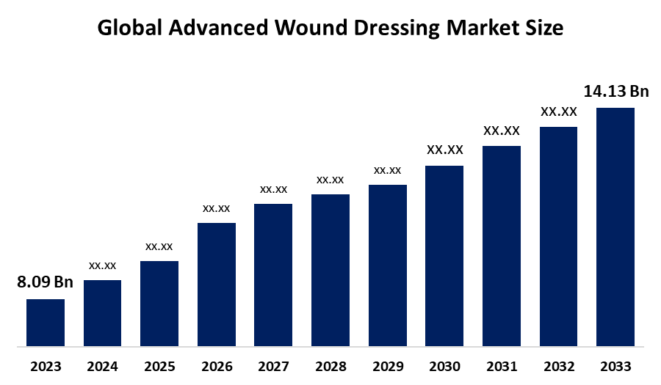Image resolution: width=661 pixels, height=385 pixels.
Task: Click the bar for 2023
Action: (46, 322)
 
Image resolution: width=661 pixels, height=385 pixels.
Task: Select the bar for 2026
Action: (217, 284)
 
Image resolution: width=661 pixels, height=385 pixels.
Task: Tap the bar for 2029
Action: (387, 265)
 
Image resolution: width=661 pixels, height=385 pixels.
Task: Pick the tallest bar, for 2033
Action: (615, 227)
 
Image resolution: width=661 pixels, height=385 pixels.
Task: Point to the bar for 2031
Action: (501, 246)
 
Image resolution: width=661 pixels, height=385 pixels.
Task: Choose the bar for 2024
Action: (102, 312)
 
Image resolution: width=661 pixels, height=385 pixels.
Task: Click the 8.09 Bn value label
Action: (46, 282)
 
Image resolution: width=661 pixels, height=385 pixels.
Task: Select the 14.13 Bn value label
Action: (616, 92)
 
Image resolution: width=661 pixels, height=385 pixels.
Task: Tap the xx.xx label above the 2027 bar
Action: (273, 189)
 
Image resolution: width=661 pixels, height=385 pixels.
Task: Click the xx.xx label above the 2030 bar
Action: (444, 150)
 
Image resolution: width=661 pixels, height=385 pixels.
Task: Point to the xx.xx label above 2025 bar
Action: (159, 246)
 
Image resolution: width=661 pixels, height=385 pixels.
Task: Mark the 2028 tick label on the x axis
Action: (330, 366)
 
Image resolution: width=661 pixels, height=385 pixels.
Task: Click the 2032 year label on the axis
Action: (558, 366)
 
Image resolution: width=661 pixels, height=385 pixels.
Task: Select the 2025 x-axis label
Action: (159, 366)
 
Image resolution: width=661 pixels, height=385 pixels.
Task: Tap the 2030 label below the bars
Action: (444, 366)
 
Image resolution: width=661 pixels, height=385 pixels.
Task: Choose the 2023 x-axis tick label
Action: (46, 366)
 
